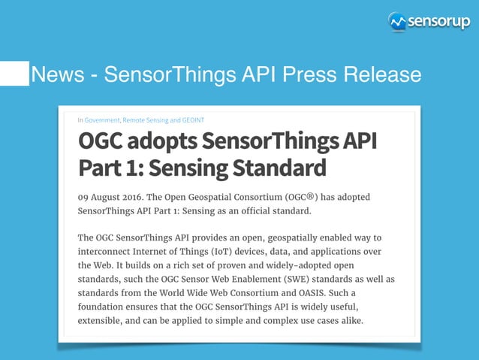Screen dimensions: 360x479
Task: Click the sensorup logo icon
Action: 397,22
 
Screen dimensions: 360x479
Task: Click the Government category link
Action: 101,119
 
